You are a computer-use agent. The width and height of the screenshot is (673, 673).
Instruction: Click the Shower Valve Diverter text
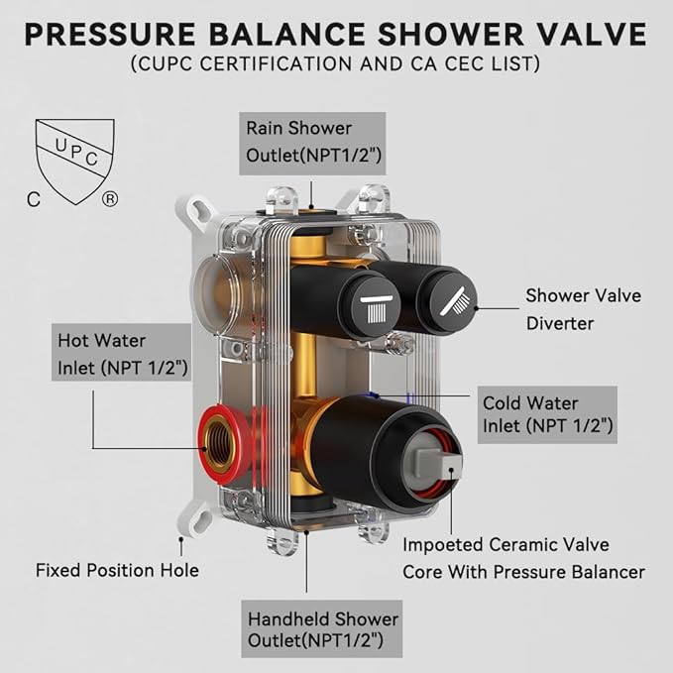click(x=583, y=308)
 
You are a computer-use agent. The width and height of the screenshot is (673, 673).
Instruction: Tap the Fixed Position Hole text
click(x=117, y=570)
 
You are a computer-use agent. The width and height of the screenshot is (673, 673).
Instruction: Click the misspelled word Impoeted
click(x=444, y=545)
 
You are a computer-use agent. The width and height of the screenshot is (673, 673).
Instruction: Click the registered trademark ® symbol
click(x=109, y=198)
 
